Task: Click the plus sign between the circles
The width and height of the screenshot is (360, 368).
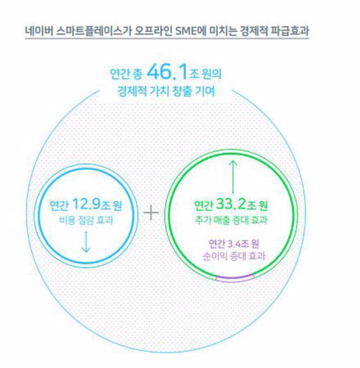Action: click(x=151, y=213)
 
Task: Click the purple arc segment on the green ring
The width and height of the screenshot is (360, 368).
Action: click(x=235, y=278)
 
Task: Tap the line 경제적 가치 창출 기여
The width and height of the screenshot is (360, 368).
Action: click(x=166, y=91)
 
